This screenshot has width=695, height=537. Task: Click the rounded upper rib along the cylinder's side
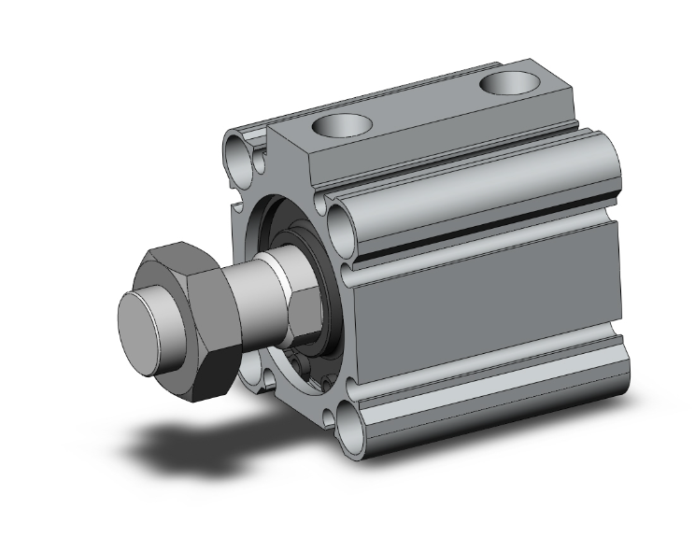click(476, 182)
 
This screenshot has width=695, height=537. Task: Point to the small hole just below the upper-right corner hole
click(350, 271)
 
